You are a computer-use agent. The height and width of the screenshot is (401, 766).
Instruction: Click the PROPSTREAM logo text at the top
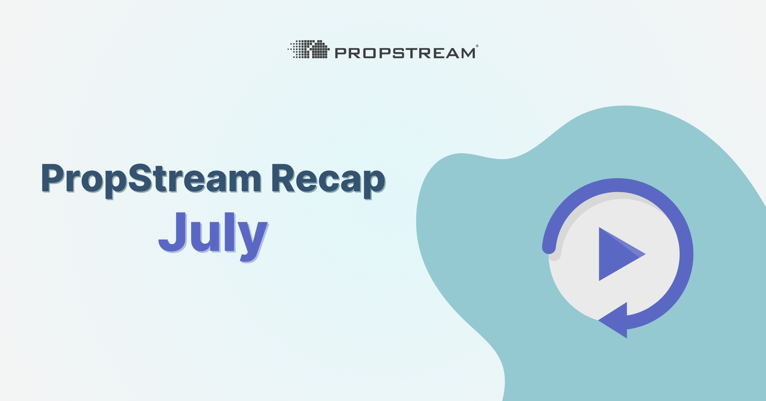click(x=405, y=53)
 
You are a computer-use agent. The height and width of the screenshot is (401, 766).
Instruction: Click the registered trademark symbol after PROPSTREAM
click(x=477, y=46)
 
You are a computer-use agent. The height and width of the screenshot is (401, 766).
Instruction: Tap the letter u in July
click(x=201, y=237)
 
